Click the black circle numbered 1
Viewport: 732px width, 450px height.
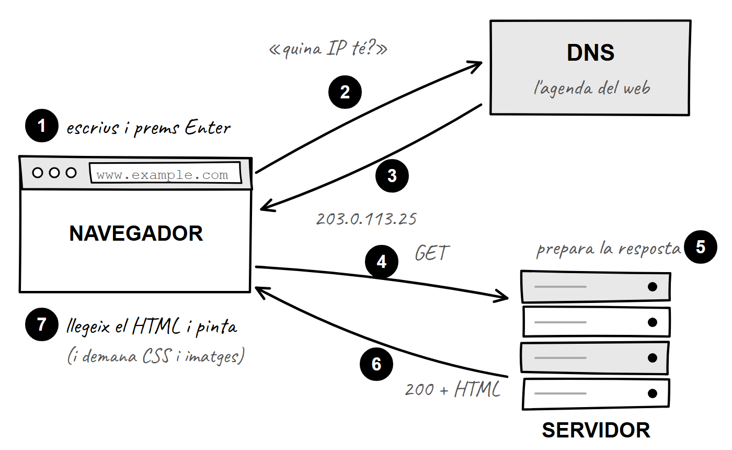(x=41, y=126)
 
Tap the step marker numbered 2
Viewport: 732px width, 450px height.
(x=345, y=92)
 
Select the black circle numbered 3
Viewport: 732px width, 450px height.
(x=392, y=176)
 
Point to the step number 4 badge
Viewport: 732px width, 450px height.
(x=381, y=262)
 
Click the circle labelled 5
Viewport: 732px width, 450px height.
(x=700, y=247)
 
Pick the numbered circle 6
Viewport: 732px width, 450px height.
(x=376, y=364)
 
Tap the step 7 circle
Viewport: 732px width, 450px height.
(x=41, y=324)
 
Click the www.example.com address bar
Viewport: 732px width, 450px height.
(x=165, y=173)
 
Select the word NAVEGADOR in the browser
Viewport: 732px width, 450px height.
(x=136, y=233)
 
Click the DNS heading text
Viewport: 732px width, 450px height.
(x=590, y=53)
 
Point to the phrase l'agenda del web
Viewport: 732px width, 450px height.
(x=592, y=88)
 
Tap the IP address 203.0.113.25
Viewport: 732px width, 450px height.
(x=367, y=219)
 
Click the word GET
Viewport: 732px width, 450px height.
(x=432, y=253)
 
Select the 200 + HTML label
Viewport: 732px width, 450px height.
(x=453, y=389)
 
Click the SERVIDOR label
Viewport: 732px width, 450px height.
(x=596, y=430)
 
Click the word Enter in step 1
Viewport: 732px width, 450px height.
(x=208, y=127)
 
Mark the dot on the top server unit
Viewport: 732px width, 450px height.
(x=653, y=287)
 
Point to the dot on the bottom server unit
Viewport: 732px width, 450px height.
(x=653, y=393)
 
